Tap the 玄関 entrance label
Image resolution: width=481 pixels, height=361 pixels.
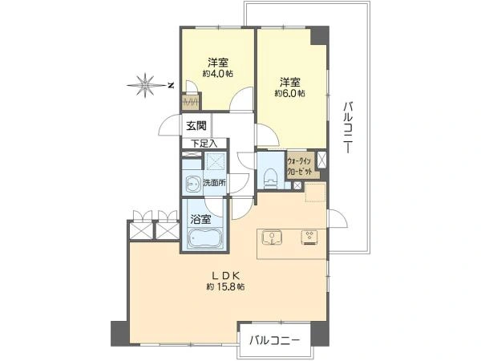pyautogui.click(x=196, y=125)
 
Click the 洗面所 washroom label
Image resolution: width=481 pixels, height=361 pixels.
pyautogui.click(x=213, y=183)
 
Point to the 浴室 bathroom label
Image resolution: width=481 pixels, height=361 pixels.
pyautogui.click(x=200, y=217)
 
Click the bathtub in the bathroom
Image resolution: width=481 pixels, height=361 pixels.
pyautogui.click(x=205, y=238)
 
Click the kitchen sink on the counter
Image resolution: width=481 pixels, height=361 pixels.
pyautogui.click(x=273, y=238)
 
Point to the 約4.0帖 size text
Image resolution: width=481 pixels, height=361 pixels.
pyautogui.click(x=217, y=74)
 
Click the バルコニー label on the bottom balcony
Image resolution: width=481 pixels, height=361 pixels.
pyautogui.click(x=274, y=341)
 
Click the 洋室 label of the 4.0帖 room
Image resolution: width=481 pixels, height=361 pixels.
pyautogui.click(x=217, y=62)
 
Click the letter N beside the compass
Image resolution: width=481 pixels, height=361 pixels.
pyautogui.click(x=171, y=83)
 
